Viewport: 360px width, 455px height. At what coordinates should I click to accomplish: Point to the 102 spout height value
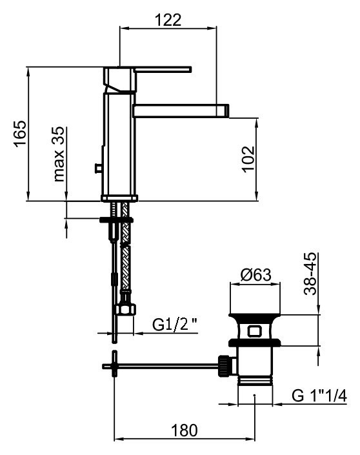(248, 159)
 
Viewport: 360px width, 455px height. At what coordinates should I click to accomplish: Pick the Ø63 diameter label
(256, 275)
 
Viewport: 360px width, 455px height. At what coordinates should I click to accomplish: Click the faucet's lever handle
(161, 69)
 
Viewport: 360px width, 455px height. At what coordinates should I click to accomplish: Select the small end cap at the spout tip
(226, 110)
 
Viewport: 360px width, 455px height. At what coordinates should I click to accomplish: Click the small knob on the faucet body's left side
(98, 168)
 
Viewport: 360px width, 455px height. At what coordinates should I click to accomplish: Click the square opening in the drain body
(255, 332)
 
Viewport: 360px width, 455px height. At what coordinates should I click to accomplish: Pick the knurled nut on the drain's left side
(225, 365)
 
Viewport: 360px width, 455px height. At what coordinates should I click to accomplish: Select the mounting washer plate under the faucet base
(116, 220)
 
